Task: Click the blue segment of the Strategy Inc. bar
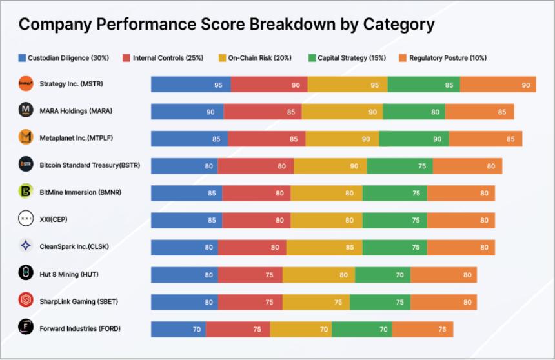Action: point(191,85)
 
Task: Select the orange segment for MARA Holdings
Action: point(479,112)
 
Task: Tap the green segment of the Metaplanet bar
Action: point(414,139)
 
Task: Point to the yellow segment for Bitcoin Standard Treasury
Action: point(330,166)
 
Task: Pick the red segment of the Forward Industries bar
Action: point(237,329)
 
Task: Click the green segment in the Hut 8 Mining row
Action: point(383,275)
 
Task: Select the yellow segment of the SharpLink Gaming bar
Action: point(316,302)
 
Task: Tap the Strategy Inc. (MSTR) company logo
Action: point(26,84)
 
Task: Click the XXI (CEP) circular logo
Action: point(26,219)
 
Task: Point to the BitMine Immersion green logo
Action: point(26,192)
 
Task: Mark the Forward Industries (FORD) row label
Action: point(80,328)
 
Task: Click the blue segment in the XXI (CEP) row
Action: point(187,220)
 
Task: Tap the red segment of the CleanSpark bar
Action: point(252,247)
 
